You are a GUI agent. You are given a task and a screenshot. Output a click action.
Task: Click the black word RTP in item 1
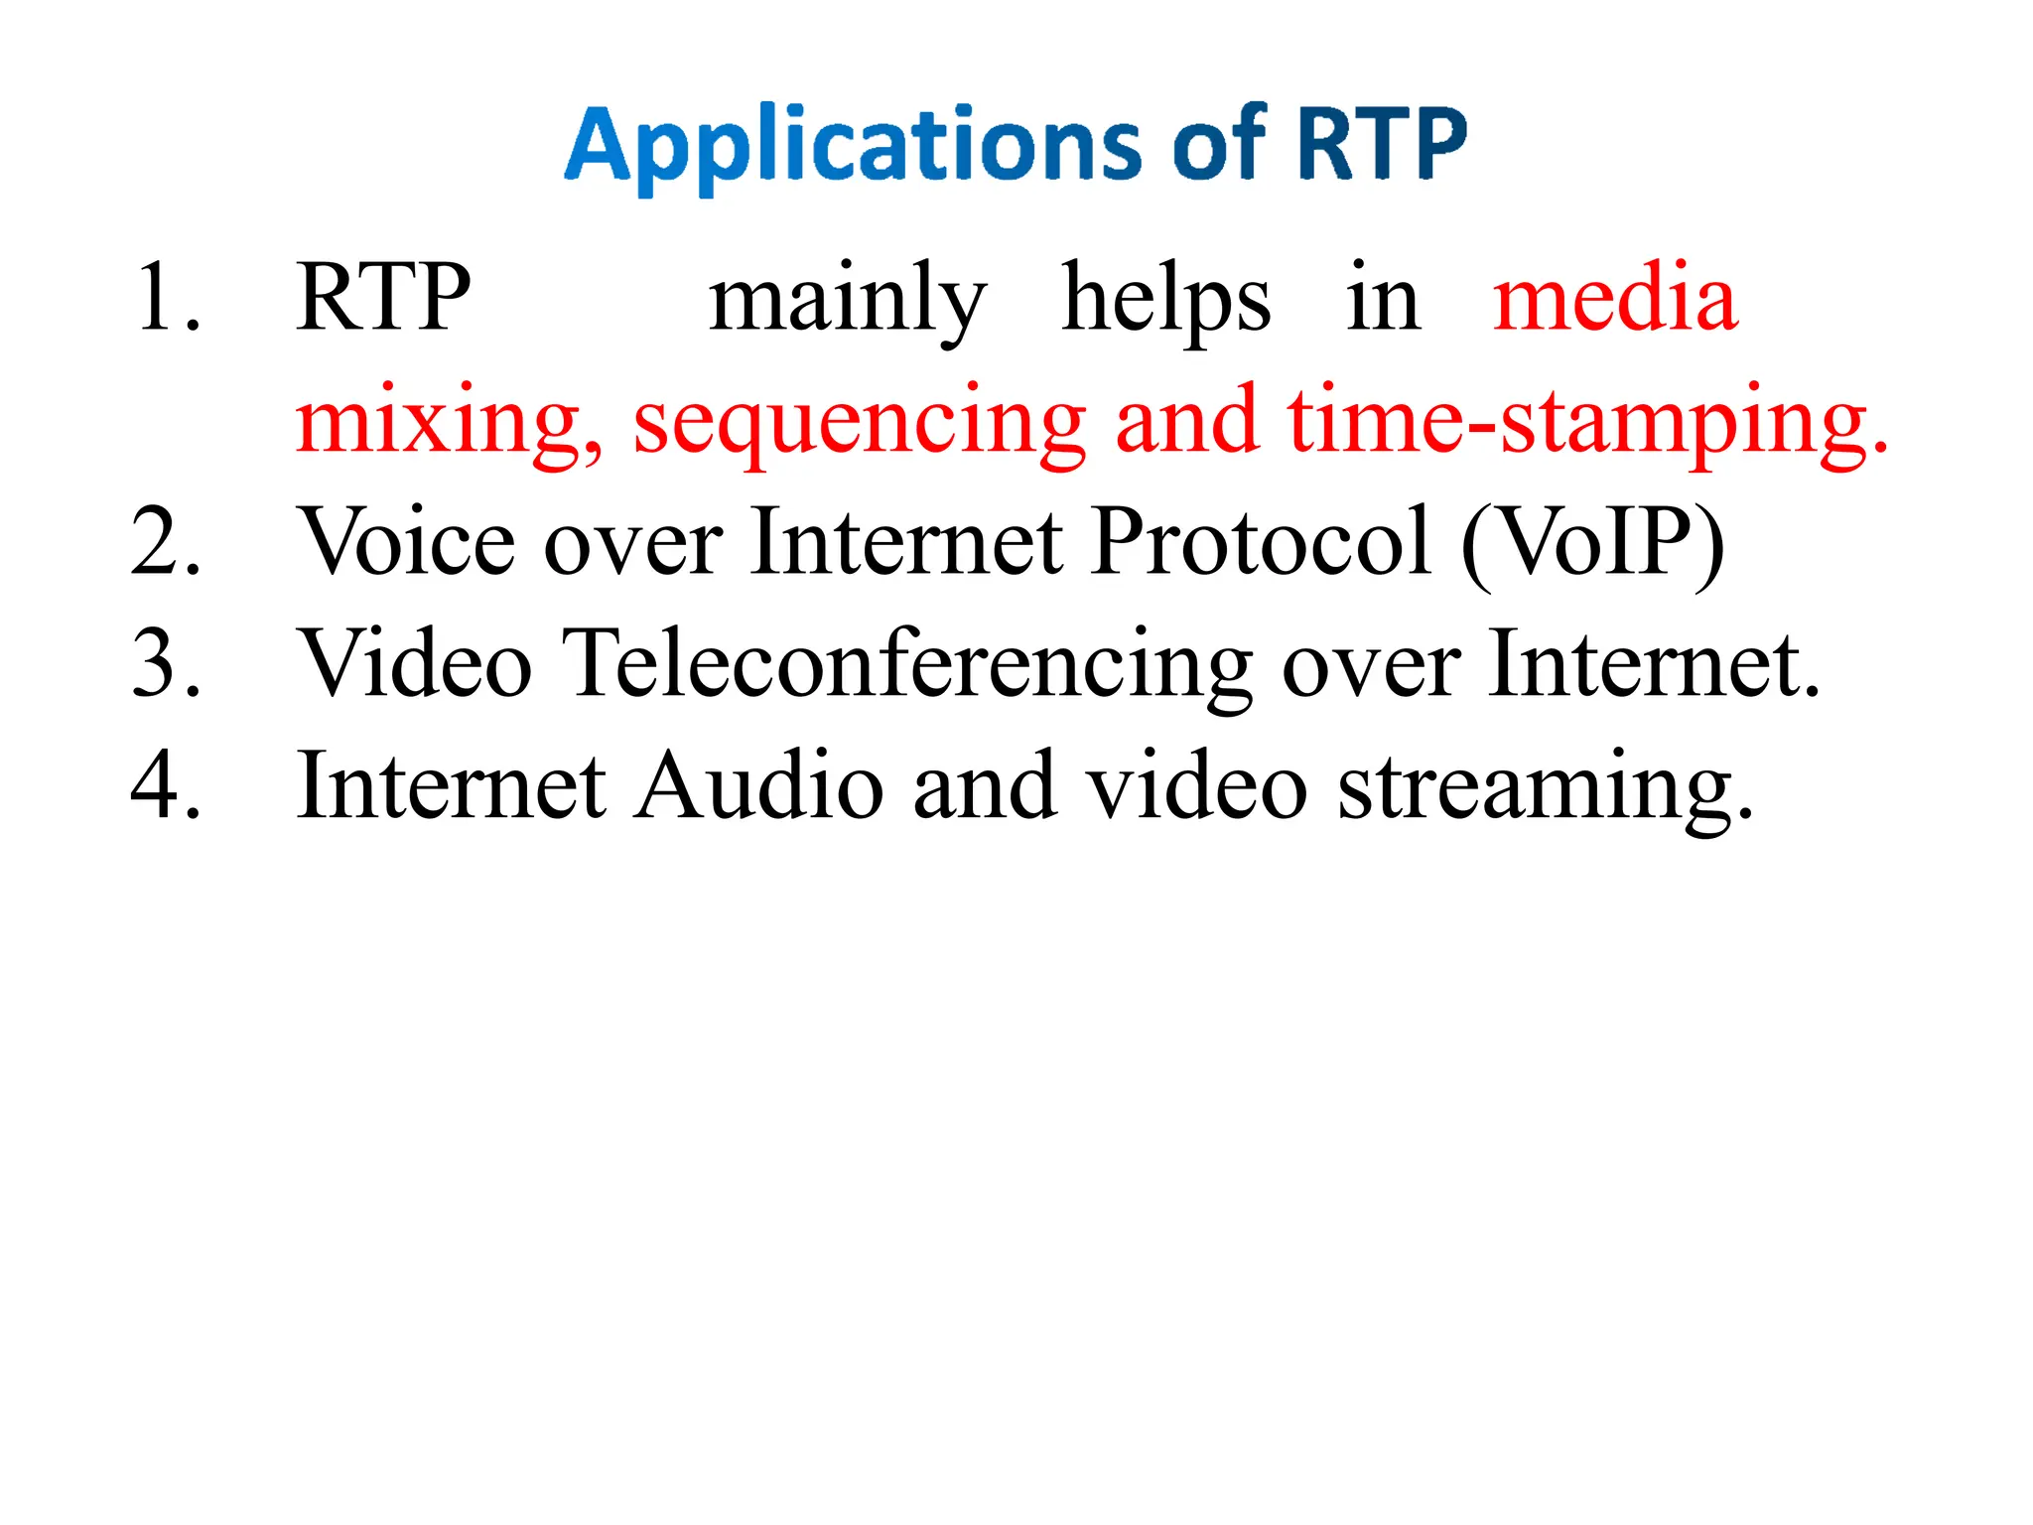pyautogui.click(x=383, y=297)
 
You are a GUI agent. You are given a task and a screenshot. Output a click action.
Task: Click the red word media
pyautogui.click(x=1615, y=297)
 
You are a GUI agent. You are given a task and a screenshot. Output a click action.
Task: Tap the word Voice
pyautogui.click(x=407, y=542)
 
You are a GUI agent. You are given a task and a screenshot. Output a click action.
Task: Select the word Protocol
pyautogui.click(x=1262, y=542)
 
